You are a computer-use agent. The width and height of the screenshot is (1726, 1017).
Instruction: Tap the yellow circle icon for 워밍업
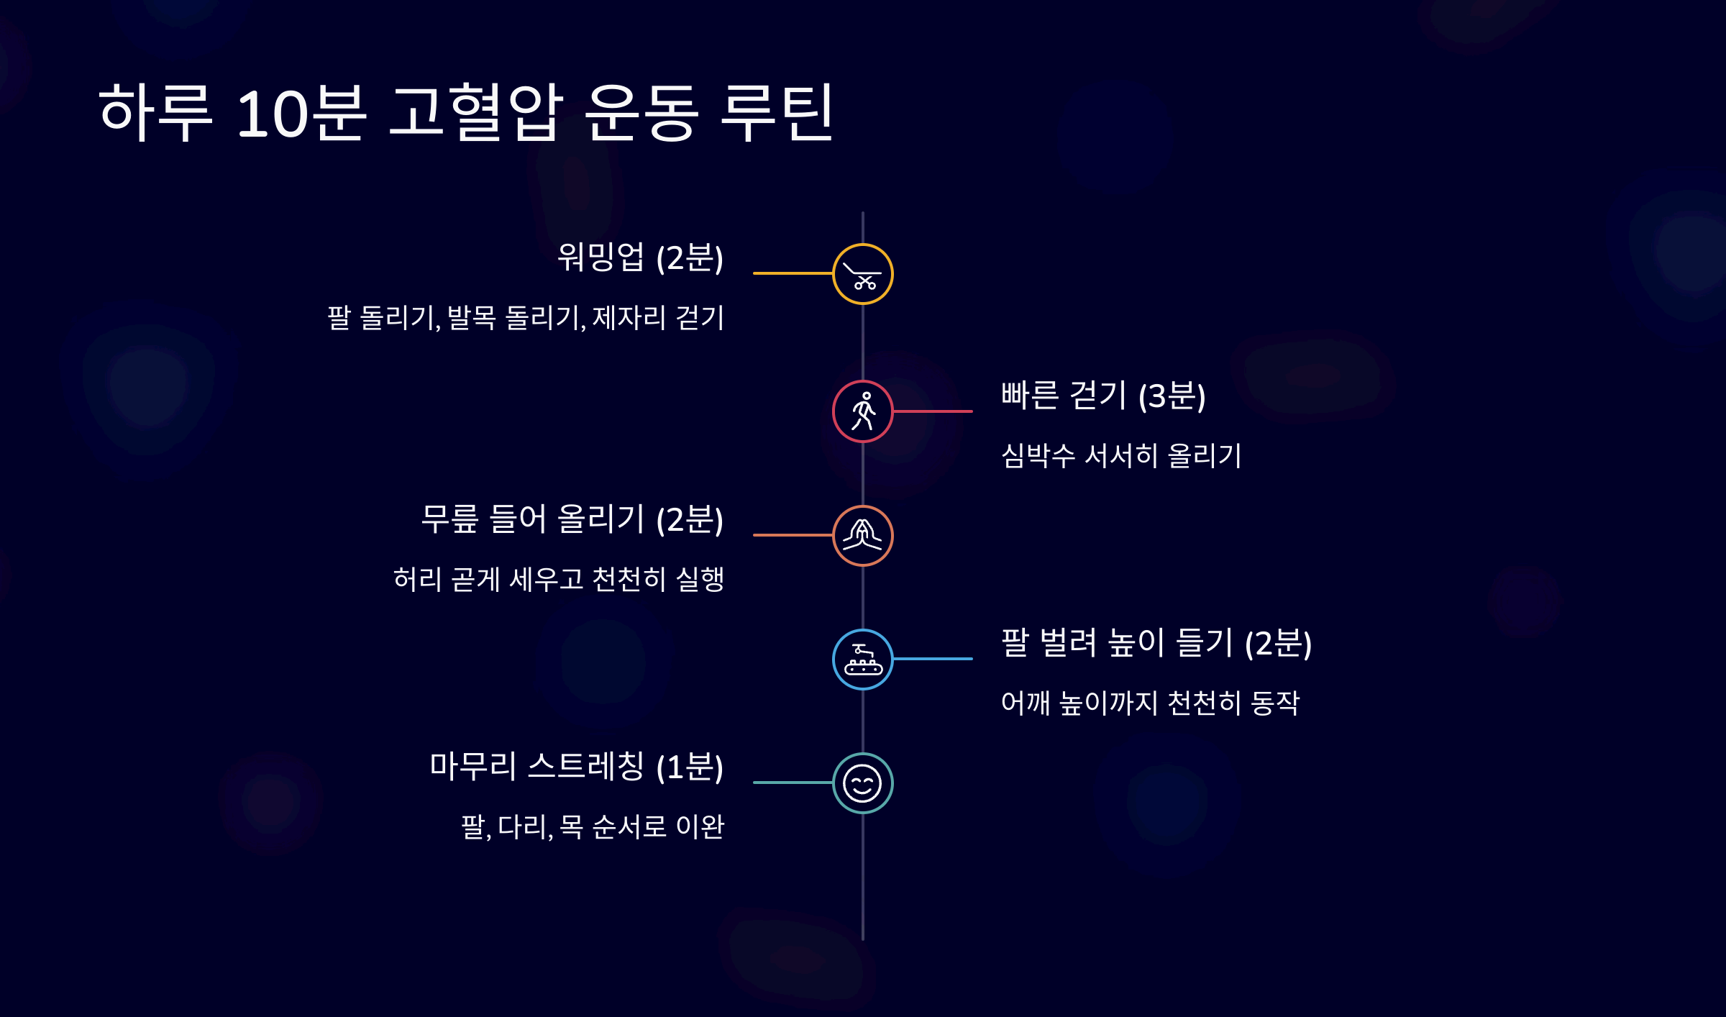pyautogui.click(x=862, y=274)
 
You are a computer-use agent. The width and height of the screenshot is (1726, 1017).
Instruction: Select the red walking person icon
pyautogui.click(x=862, y=411)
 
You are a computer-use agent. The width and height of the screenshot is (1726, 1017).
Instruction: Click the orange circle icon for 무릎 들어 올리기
pyautogui.click(x=862, y=536)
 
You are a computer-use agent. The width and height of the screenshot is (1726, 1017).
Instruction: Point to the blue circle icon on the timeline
pyautogui.click(x=862, y=660)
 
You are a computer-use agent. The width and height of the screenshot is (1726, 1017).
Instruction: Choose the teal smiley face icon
pyautogui.click(x=862, y=783)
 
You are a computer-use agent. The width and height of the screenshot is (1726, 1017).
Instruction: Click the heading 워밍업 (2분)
pyautogui.click(x=640, y=257)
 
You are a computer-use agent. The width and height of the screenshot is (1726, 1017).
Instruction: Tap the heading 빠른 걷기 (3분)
pyautogui.click(x=1103, y=396)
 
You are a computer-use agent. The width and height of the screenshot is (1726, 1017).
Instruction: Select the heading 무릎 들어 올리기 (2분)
pyautogui.click(x=572, y=519)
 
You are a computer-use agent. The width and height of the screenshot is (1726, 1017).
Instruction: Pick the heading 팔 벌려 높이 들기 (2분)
pyautogui.click(x=1156, y=643)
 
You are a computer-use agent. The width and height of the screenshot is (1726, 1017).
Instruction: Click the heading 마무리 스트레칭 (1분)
pyautogui.click(x=576, y=767)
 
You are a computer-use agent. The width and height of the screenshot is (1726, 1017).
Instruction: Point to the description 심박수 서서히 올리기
pyautogui.click(x=1121, y=456)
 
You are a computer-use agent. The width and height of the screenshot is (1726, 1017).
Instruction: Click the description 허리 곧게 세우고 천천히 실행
pyautogui.click(x=558, y=580)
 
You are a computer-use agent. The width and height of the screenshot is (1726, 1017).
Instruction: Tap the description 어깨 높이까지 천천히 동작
pyautogui.click(x=1150, y=703)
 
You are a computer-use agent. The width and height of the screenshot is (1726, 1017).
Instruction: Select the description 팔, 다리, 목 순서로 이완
pyautogui.click(x=592, y=827)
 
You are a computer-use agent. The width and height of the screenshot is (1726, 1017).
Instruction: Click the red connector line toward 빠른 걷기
pyautogui.click(x=933, y=411)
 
